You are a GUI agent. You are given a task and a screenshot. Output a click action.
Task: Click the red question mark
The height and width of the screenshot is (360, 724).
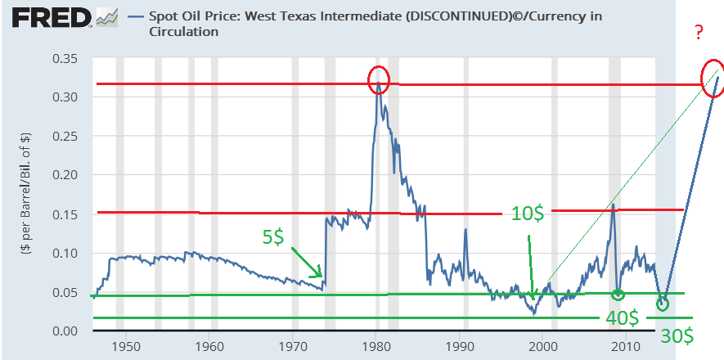click(x=700, y=34)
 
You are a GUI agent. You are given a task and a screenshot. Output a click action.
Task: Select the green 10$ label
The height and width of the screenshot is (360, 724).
click(x=528, y=214)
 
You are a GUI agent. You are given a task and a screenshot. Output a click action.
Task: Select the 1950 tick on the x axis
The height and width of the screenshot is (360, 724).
click(x=125, y=348)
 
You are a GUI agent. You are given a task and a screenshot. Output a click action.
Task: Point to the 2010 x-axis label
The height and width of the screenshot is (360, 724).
click(x=627, y=348)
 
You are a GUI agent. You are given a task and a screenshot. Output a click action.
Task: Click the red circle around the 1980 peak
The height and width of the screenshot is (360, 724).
click(x=378, y=79)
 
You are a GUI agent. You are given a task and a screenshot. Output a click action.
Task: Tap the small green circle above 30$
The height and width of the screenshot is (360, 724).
click(x=662, y=304)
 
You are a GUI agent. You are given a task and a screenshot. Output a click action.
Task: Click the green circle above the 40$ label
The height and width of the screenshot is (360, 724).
click(x=618, y=295)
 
